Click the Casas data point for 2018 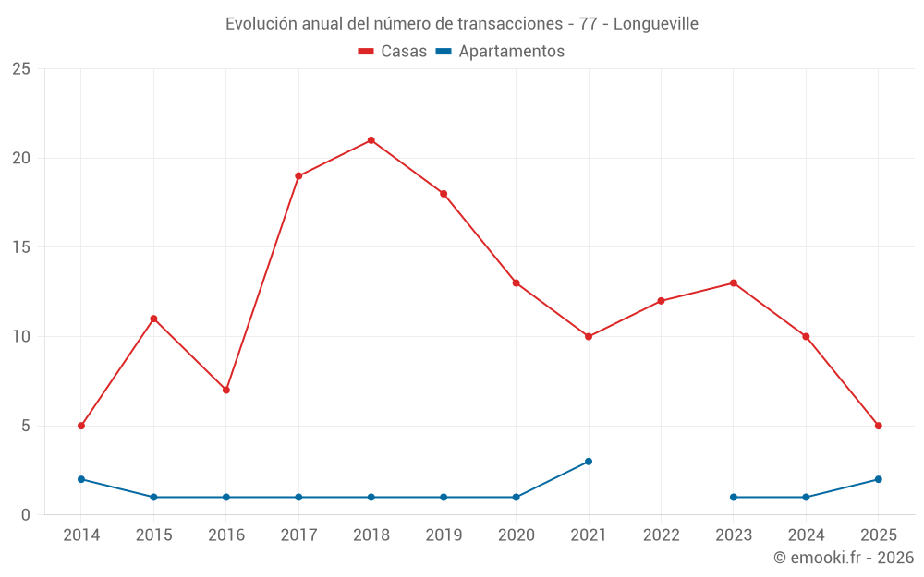[x=371, y=140]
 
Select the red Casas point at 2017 [x=298, y=175]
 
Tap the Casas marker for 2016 [x=225, y=390]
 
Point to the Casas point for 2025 [x=878, y=426]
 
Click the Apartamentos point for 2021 [x=589, y=462]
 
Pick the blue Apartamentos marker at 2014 [x=81, y=479]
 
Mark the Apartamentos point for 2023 [x=734, y=497]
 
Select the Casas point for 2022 [x=661, y=301]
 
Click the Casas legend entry [x=393, y=52]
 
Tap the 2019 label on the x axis [x=444, y=535]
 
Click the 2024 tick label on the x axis [x=806, y=535]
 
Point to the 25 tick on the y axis [x=21, y=69]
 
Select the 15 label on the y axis [x=21, y=247]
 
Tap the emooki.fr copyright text [x=844, y=558]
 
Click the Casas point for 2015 [x=153, y=319]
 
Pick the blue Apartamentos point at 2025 [x=878, y=479]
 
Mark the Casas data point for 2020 [x=516, y=282]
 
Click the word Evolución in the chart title [x=261, y=23]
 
